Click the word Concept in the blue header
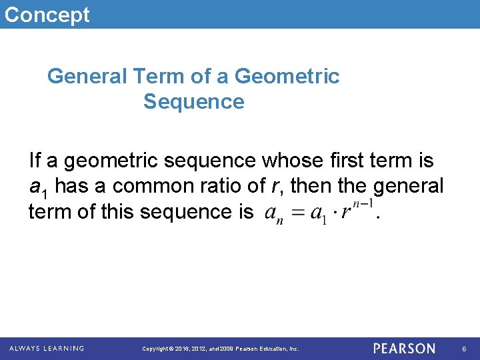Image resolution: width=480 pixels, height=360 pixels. [47, 14]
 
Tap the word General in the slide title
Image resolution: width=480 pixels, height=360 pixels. [86, 77]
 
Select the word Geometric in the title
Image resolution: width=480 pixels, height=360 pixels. [287, 77]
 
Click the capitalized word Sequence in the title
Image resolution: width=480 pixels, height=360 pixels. [193, 102]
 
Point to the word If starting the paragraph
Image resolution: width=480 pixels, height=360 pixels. [35, 161]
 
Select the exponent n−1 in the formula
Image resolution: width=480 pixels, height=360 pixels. [365, 204]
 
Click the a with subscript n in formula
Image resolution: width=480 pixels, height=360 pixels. [273, 214]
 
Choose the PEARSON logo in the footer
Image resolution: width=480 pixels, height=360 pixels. [404, 348]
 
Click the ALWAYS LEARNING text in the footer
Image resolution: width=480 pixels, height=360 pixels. [47, 348]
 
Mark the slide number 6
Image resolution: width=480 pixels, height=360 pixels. [464, 349]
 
